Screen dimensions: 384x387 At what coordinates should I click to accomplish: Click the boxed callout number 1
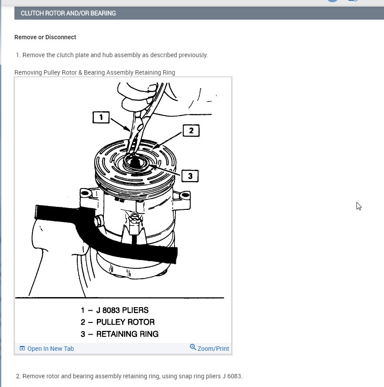[x=101, y=117]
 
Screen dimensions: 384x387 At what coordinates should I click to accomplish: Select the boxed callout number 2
[x=191, y=130]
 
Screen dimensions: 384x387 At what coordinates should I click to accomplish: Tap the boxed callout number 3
[x=190, y=176]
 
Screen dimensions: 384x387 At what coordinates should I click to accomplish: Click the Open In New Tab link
[x=50, y=349]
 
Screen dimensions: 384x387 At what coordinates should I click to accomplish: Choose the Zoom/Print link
[x=213, y=349]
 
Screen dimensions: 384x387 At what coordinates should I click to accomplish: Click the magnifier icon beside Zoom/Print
[x=193, y=347]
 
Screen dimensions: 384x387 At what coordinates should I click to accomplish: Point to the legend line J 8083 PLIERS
[x=114, y=310]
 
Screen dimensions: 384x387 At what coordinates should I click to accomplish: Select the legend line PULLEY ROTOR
[x=117, y=322]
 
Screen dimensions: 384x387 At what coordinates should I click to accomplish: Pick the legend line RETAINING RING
[x=120, y=334]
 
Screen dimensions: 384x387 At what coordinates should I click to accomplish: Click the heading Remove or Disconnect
[x=45, y=37]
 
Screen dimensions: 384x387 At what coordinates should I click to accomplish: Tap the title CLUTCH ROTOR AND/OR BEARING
[x=68, y=14]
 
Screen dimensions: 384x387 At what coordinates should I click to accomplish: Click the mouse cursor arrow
[x=359, y=206]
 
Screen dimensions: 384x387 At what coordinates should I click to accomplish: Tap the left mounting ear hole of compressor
[x=85, y=193]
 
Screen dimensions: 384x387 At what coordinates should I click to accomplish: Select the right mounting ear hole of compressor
[x=185, y=195]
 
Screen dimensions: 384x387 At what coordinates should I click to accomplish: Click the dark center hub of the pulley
[x=135, y=163]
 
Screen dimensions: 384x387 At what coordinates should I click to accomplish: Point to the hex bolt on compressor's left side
[x=98, y=221]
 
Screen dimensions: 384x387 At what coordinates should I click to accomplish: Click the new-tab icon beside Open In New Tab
[x=22, y=348]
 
